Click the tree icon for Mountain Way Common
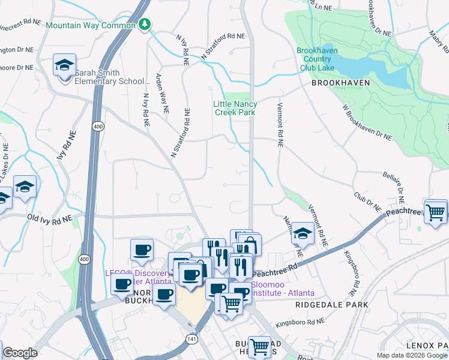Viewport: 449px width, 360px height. coord(144,25)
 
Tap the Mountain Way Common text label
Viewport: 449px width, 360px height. coord(91,26)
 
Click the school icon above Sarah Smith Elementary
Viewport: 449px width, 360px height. coord(64,66)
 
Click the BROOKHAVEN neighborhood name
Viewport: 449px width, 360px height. coord(340,83)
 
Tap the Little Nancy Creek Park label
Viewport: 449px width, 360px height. coord(235,108)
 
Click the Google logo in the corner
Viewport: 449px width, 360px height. coord(20,353)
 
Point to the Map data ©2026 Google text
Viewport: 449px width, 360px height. coord(412,355)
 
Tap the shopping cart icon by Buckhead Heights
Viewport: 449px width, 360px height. coord(260,346)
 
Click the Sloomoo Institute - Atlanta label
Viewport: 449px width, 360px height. coord(282,289)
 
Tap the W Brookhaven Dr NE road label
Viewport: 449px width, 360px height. coord(367,123)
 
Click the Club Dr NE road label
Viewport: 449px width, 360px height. coord(367,201)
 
